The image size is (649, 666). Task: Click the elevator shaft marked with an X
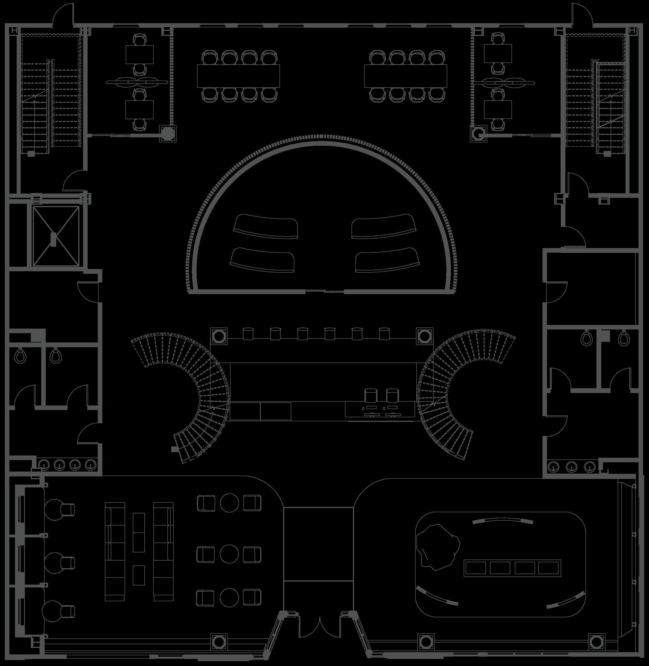(55, 236)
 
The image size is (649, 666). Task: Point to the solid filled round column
(168, 133)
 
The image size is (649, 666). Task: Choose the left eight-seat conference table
(238, 76)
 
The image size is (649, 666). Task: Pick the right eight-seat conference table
(405, 76)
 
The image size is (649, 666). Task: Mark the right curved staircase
(453, 392)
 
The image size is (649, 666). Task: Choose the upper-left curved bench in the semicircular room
(266, 226)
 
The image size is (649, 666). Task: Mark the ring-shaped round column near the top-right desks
(479, 133)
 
